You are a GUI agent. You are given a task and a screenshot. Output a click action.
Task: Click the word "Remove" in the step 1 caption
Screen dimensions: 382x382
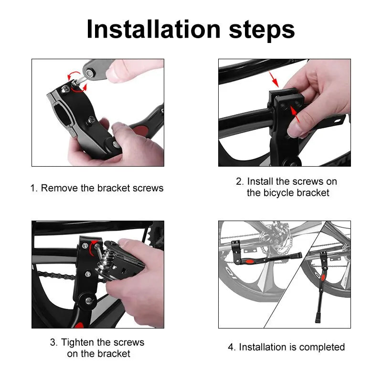pyautogui.click(x=59, y=188)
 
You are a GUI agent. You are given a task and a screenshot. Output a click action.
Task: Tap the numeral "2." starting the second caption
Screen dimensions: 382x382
pyautogui.click(x=240, y=181)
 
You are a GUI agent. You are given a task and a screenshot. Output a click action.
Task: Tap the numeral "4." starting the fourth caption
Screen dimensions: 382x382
pyautogui.click(x=232, y=347)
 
